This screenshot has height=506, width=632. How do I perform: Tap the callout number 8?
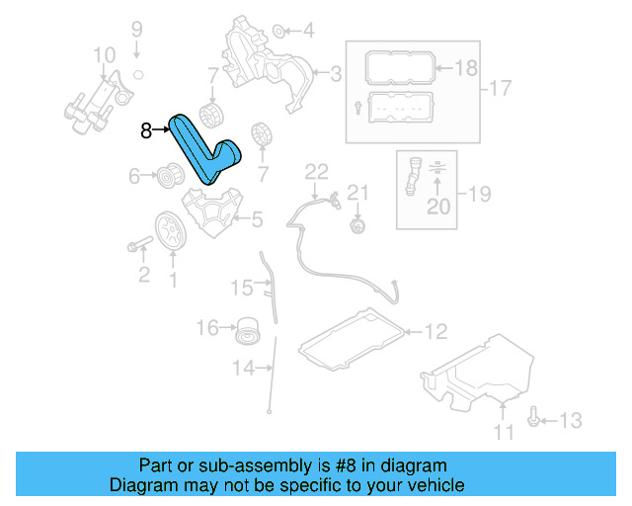pyautogui.click(x=146, y=128)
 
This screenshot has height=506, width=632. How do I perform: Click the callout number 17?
pyautogui.click(x=501, y=89)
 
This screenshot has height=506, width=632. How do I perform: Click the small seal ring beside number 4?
pyautogui.click(x=278, y=30)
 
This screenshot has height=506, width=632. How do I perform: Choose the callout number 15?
pyautogui.click(x=242, y=288)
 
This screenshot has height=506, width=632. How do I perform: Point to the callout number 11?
pyautogui.click(x=504, y=432)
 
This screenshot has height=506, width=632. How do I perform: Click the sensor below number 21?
pyautogui.click(x=357, y=227)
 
